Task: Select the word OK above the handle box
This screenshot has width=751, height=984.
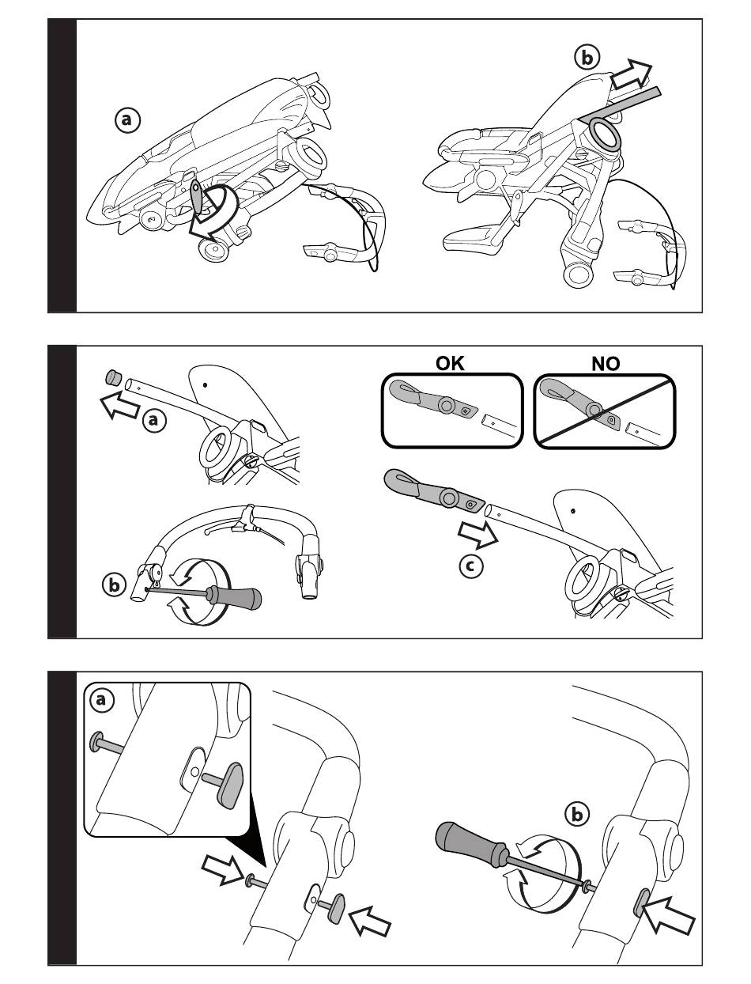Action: [x=452, y=363]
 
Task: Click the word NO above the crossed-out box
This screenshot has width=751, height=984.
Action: [x=605, y=363]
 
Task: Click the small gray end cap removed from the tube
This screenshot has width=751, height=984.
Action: [x=111, y=377]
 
